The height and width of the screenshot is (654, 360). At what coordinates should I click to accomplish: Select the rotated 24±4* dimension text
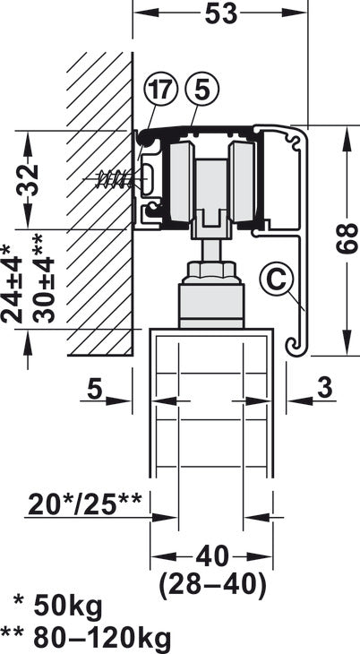click(11, 285)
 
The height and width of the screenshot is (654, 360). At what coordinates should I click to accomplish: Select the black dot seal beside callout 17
click(141, 136)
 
